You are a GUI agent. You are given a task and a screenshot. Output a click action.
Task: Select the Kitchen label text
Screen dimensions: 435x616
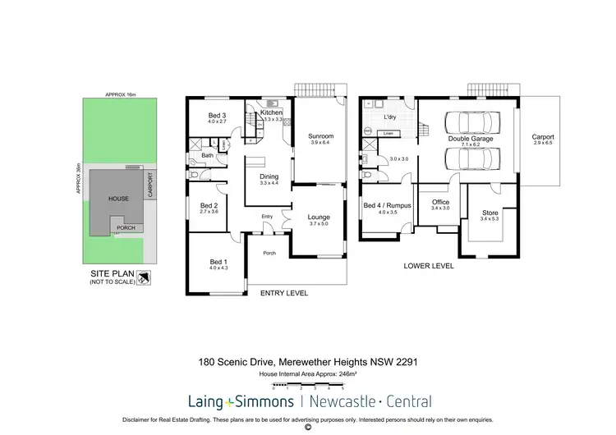pos(272,112)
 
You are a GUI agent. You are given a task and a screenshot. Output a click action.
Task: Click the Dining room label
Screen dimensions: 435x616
pos(269,176)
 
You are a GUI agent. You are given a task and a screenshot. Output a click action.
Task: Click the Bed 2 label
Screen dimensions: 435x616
pos(209,205)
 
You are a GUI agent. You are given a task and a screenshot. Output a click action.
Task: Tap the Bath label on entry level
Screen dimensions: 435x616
pos(208,154)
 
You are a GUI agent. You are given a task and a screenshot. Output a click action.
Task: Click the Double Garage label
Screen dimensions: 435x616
pos(465,140)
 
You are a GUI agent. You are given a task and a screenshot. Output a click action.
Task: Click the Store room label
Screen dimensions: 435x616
pos(490,213)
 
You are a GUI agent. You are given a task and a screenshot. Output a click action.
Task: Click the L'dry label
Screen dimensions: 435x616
pos(390,118)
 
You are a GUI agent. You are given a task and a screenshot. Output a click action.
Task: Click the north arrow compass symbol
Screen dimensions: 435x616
pos(144,277)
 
